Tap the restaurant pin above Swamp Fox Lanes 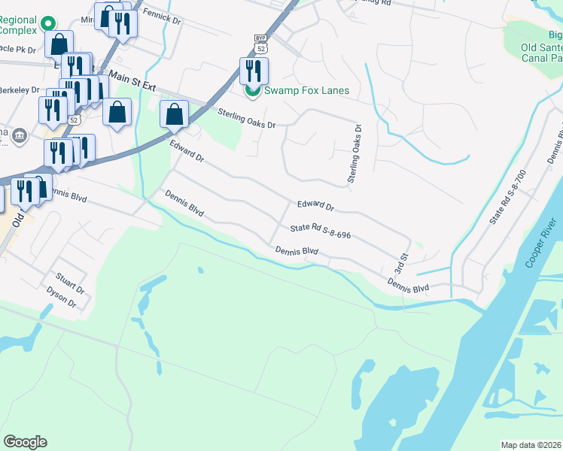(x=254, y=71)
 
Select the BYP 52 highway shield (x=260, y=43)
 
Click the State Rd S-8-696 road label (x=321, y=232)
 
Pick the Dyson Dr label (x=61, y=297)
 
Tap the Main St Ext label (x=132, y=80)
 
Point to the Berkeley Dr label (x=19, y=89)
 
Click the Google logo (x=25, y=442)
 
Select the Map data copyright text (x=531, y=445)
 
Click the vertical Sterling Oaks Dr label (x=351, y=154)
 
